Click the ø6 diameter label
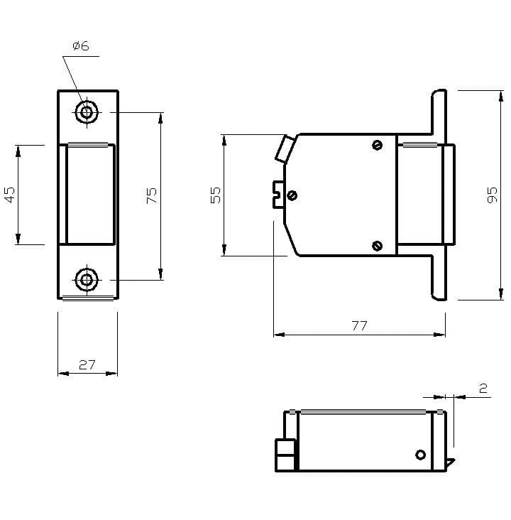coord(81,45)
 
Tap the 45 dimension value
coord(10,195)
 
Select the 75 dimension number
coord(151,195)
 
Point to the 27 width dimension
coord(87,365)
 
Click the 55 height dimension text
coord(216,195)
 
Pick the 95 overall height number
coord(493,195)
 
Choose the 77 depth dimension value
coord(360,325)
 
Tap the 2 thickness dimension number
coord(483,388)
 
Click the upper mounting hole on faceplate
coord(87,112)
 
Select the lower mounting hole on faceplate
coord(87,280)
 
